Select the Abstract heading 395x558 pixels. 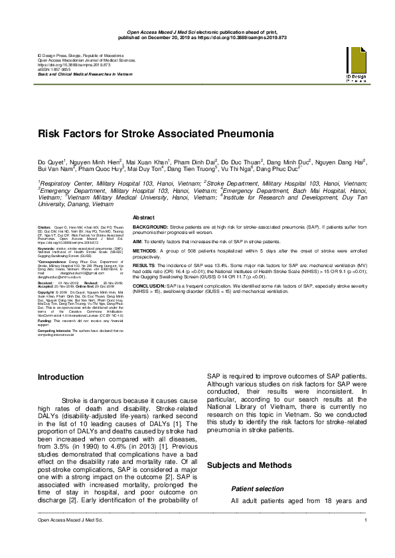pyautogui.click(x=145, y=218)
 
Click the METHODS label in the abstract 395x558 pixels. pyautogui.click(x=145, y=252)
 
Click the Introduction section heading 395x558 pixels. pyautogui.click(x=61, y=377)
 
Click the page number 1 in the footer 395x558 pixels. pyautogui.click(x=366, y=541)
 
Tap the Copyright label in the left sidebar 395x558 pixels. pyautogui.click(x=47, y=292)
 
